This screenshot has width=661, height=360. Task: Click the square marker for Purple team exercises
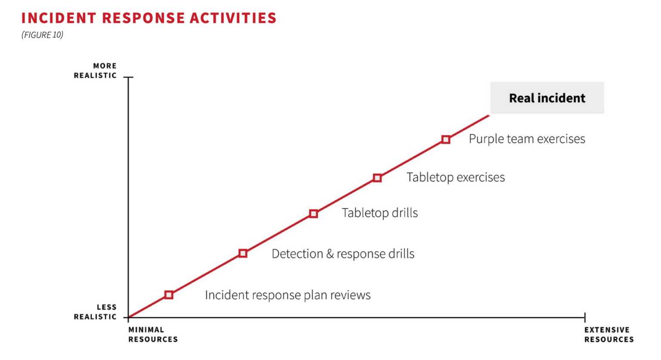446,139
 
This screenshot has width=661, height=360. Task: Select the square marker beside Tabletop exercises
377,178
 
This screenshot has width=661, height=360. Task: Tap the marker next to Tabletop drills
313,214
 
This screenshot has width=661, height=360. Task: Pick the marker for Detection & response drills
243,253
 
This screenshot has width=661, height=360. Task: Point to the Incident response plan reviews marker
169,295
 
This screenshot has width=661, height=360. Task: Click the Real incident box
547,98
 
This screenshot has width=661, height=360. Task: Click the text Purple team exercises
527,139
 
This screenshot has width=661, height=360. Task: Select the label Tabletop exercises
455,177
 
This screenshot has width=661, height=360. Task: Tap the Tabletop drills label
380,213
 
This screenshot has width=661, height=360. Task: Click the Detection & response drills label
343,254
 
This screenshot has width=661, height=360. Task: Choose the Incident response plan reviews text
287,295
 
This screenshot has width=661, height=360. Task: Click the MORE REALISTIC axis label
96,71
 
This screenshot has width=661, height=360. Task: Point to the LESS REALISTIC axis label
96,312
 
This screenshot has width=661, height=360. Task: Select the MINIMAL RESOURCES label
153,335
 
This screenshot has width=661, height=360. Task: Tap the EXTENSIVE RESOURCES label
608,335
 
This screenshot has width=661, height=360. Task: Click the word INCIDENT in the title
59,18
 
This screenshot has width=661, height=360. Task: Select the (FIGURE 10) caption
42,35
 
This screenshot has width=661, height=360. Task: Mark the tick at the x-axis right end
585,317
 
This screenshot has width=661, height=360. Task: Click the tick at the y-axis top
128,77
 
